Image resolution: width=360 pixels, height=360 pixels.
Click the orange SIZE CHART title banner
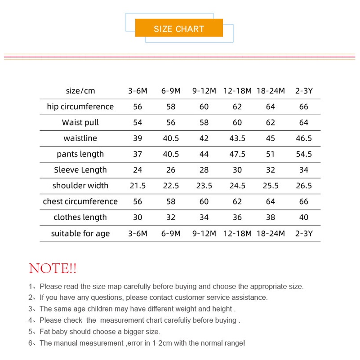pyautogui.click(x=179, y=29)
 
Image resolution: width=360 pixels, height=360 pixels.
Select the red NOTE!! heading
pyautogui.click(x=53, y=269)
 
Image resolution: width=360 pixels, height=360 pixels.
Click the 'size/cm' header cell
pyautogui.click(x=80, y=91)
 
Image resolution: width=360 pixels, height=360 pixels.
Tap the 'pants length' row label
pyautogui.click(x=80, y=154)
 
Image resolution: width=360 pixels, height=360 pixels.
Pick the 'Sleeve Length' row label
pyautogui.click(x=80, y=170)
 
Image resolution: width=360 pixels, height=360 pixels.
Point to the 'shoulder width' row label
pyautogui.click(x=80, y=186)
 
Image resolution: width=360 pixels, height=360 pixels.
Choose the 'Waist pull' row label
pyautogui.click(x=80, y=123)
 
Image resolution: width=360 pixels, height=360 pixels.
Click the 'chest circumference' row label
pyautogui.click(x=80, y=201)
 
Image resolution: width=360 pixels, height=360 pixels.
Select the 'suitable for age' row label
pyautogui.click(x=80, y=233)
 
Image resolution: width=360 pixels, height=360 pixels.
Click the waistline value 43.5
pyautogui.click(x=237, y=138)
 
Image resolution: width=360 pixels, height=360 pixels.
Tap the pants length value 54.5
pyautogui.click(x=304, y=154)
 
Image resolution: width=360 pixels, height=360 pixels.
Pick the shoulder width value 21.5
pyautogui.click(x=138, y=186)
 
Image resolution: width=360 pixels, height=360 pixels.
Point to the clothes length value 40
pyautogui.click(x=304, y=218)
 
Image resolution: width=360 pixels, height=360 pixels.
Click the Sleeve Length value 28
pyautogui.click(x=204, y=170)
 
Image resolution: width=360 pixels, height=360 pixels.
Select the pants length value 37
pyautogui.click(x=138, y=154)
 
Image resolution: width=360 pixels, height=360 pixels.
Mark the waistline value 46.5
pyautogui.click(x=304, y=138)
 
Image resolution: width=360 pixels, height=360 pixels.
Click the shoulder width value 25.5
pyautogui.click(x=271, y=186)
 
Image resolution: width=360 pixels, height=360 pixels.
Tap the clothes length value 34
pyautogui.click(x=204, y=218)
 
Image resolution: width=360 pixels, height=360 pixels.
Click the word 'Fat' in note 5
pyautogui.click(x=45, y=332)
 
